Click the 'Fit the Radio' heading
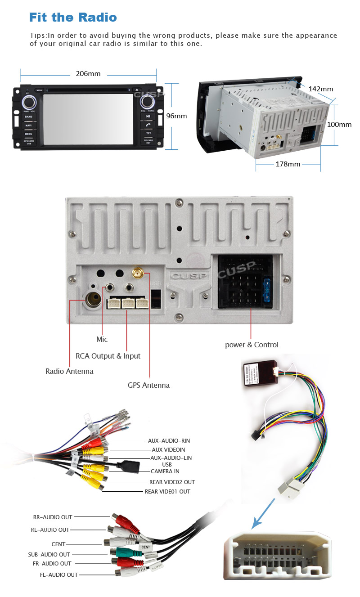(73, 18)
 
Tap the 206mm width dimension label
(88, 74)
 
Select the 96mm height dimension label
(176, 116)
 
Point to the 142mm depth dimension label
(320, 89)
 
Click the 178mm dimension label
(288, 164)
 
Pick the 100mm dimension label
(339, 125)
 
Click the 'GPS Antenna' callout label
(148, 385)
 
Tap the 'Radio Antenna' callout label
(69, 371)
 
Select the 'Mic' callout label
(102, 339)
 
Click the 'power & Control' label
(252, 345)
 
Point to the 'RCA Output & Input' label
(108, 356)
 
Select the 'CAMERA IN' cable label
(165, 471)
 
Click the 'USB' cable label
(167, 464)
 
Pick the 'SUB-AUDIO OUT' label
(49, 554)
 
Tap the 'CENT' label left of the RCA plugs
(58, 544)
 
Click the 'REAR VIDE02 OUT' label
(172, 482)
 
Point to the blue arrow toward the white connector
(263, 512)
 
